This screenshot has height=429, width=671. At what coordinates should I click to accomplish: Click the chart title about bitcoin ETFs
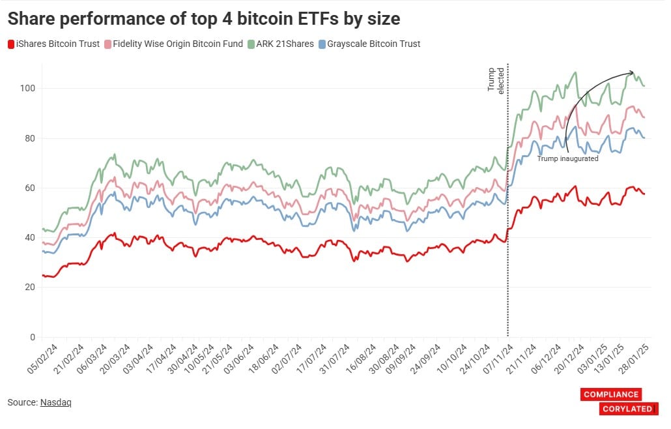click(203, 20)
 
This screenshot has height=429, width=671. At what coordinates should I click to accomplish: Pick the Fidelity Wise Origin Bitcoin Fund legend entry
click(173, 44)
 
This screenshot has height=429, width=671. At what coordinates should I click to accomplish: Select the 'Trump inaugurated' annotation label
click(567, 158)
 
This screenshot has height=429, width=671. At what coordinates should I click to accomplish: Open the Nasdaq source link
click(55, 402)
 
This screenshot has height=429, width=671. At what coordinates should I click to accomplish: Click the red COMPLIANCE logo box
click(610, 394)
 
